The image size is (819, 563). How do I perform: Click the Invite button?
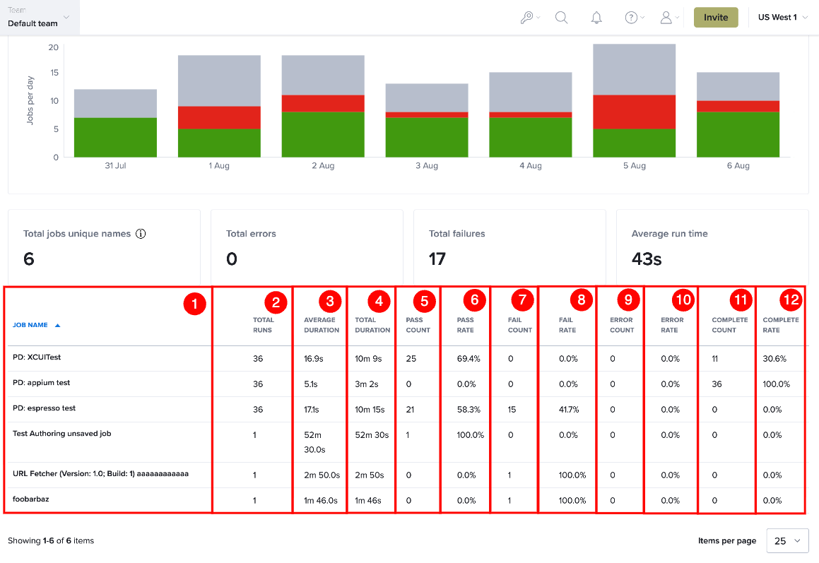coord(716,17)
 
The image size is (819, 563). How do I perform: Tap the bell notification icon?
coord(596,18)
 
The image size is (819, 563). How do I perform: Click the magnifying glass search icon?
coord(562,18)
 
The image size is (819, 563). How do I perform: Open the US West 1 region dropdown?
coord(782,17)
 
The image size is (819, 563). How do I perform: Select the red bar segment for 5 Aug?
coord(634,112)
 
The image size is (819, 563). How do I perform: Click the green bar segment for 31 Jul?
coord(115,137)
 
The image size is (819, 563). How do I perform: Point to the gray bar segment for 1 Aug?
coord(219,81)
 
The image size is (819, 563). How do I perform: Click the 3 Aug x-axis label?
coord(427,165)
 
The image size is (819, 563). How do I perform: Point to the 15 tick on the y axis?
coord(54,73)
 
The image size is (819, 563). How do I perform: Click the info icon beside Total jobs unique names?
coord(141,233)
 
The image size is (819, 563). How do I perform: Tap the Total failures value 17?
coord(437,259)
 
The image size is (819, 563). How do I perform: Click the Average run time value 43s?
coord(647,259)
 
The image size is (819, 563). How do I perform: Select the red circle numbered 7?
coord(522,300)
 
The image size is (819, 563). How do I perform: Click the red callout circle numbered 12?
coord(791,300)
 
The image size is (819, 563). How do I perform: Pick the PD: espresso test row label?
coord(44,408)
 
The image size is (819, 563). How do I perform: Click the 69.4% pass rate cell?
coord(469,359)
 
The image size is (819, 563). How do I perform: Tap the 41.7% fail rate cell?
coord(569,410)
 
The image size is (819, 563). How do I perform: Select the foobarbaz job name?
coord(31,499)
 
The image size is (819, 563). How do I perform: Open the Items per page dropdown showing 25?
coord(787,540)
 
